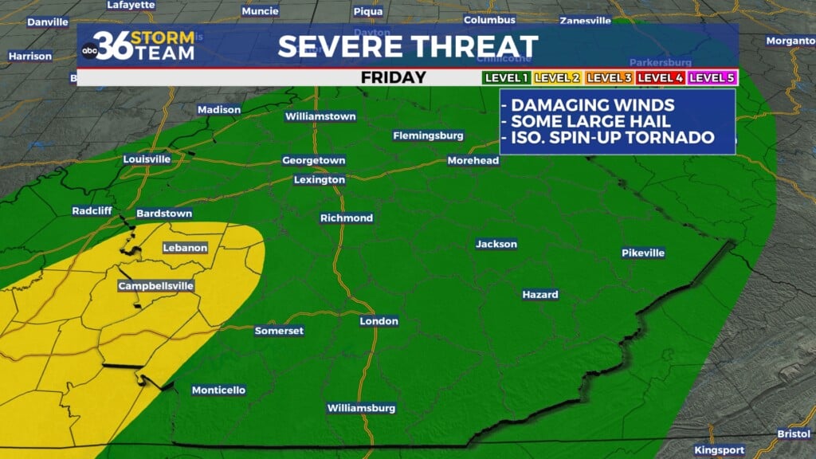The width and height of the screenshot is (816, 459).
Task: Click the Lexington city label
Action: coord(320,180)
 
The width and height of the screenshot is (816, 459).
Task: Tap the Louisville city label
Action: coord(147,159)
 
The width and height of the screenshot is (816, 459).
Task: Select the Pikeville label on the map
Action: coord(643,253)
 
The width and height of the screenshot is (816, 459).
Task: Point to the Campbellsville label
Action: coord(155,286)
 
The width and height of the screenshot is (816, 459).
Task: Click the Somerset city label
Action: coord(279,331)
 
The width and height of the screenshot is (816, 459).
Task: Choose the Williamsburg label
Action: coord(361,408)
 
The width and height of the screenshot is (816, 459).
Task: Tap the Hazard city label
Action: coord(540,295)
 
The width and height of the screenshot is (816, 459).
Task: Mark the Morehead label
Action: coord(473,161)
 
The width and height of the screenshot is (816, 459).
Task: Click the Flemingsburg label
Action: coord(428,136)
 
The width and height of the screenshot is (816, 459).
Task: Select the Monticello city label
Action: coord(218,390)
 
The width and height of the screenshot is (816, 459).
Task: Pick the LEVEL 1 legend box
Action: coord(506,78)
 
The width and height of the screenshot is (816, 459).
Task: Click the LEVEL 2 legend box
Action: coord(557,78)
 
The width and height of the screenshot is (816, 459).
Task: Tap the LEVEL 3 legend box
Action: coord(609,78)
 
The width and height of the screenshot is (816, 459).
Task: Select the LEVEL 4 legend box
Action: coord(661,78)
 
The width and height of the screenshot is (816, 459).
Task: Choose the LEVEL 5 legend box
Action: coord(712,78)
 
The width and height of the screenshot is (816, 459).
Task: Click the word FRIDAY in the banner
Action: coord(394,78)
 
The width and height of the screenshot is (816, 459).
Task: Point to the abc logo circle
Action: coord(90,51)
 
